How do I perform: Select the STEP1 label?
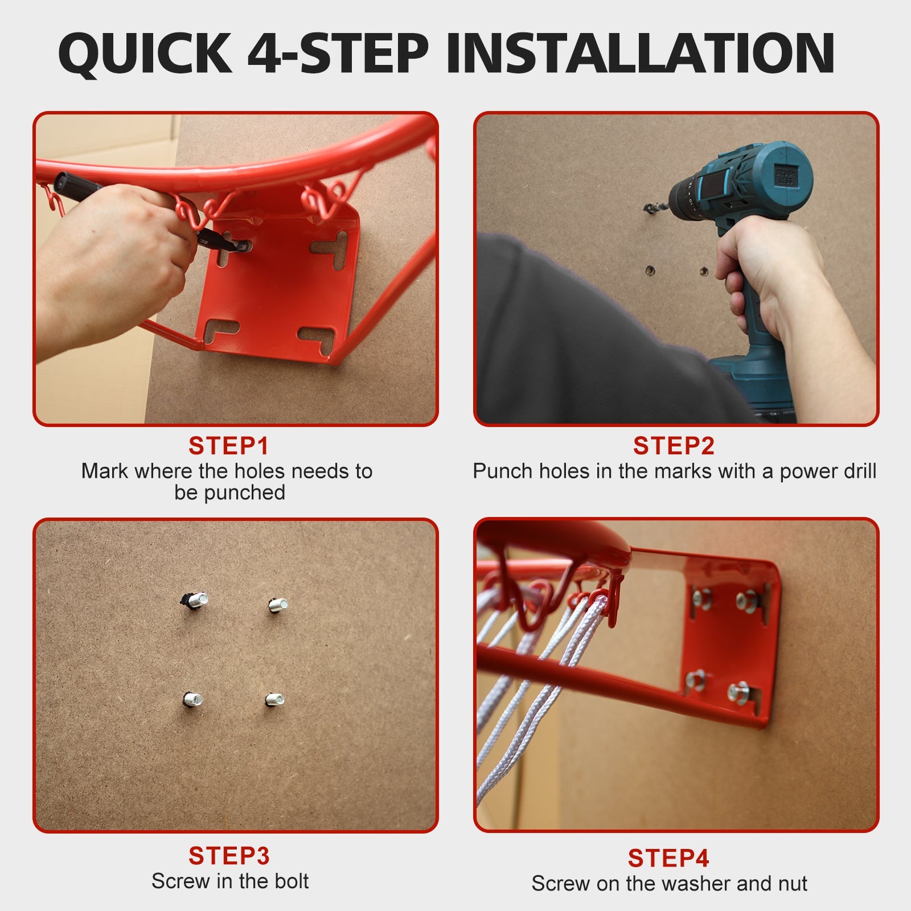[x=228, y=446]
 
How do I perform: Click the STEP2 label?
[x=674, y=446]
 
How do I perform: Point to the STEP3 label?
[x=229, y=856]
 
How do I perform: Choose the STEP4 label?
[x=668, y=858]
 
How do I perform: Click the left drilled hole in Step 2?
[x=649, y=269]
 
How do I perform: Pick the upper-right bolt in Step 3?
[x=278, y=605]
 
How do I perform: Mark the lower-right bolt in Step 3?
[x=275, y=699]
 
